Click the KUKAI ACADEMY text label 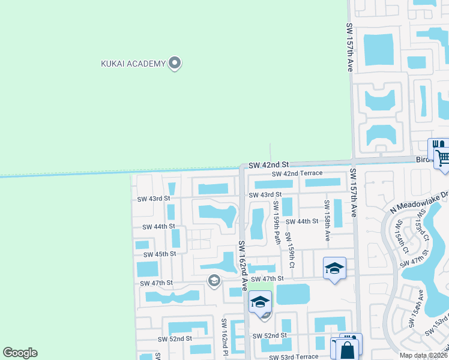click(132, 64)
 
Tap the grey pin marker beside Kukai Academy click(175, 62)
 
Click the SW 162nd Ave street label click(243, 266)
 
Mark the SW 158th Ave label click(327, 220)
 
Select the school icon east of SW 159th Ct click(334, 268)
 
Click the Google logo click(20, 353)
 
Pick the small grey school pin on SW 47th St click(214, 280)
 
